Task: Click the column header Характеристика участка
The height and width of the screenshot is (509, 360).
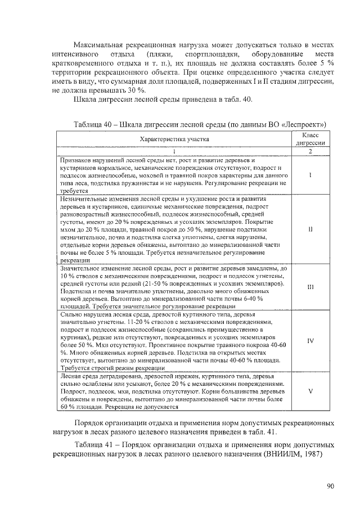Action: click(x=174, y=138)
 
